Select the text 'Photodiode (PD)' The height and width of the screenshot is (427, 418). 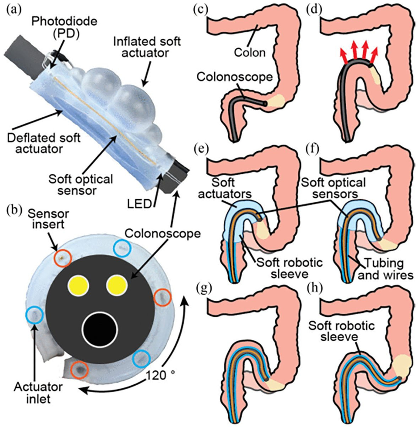(64, 28)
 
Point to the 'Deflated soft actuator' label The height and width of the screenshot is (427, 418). (44, 143)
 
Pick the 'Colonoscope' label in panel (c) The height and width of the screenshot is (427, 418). (235, 77)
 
